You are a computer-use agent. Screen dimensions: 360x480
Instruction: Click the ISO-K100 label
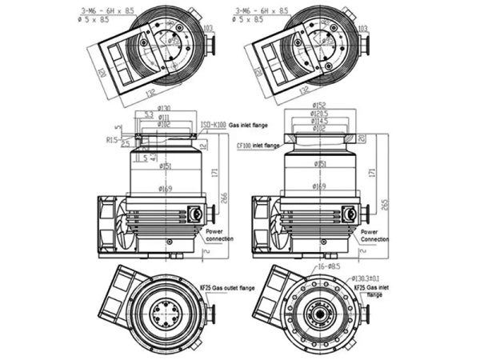click(x=214, y=126)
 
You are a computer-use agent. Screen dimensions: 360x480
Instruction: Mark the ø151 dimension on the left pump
click(x=165, y=166)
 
